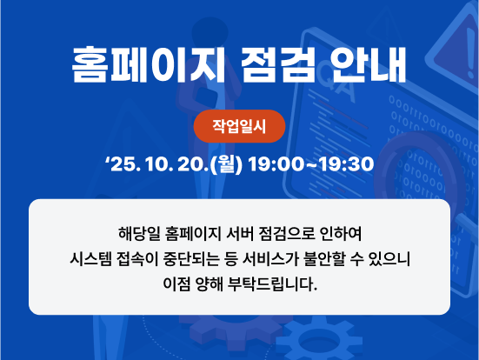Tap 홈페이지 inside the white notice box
[190, 234]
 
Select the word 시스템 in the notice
[91, 259]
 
